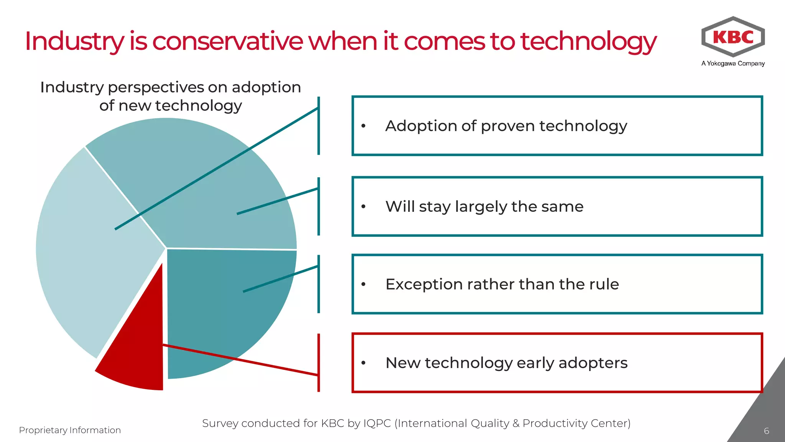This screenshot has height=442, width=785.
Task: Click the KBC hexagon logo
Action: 733,37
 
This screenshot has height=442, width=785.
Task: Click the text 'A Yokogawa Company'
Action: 733,63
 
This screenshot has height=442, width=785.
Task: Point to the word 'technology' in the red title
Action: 588,41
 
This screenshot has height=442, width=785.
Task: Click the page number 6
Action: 766,431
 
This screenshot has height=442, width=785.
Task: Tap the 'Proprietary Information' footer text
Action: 70,430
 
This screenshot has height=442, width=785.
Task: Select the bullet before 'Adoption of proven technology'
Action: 363,126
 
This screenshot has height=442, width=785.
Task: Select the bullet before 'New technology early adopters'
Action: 363,363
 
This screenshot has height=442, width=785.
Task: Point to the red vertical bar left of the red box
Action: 319,363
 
